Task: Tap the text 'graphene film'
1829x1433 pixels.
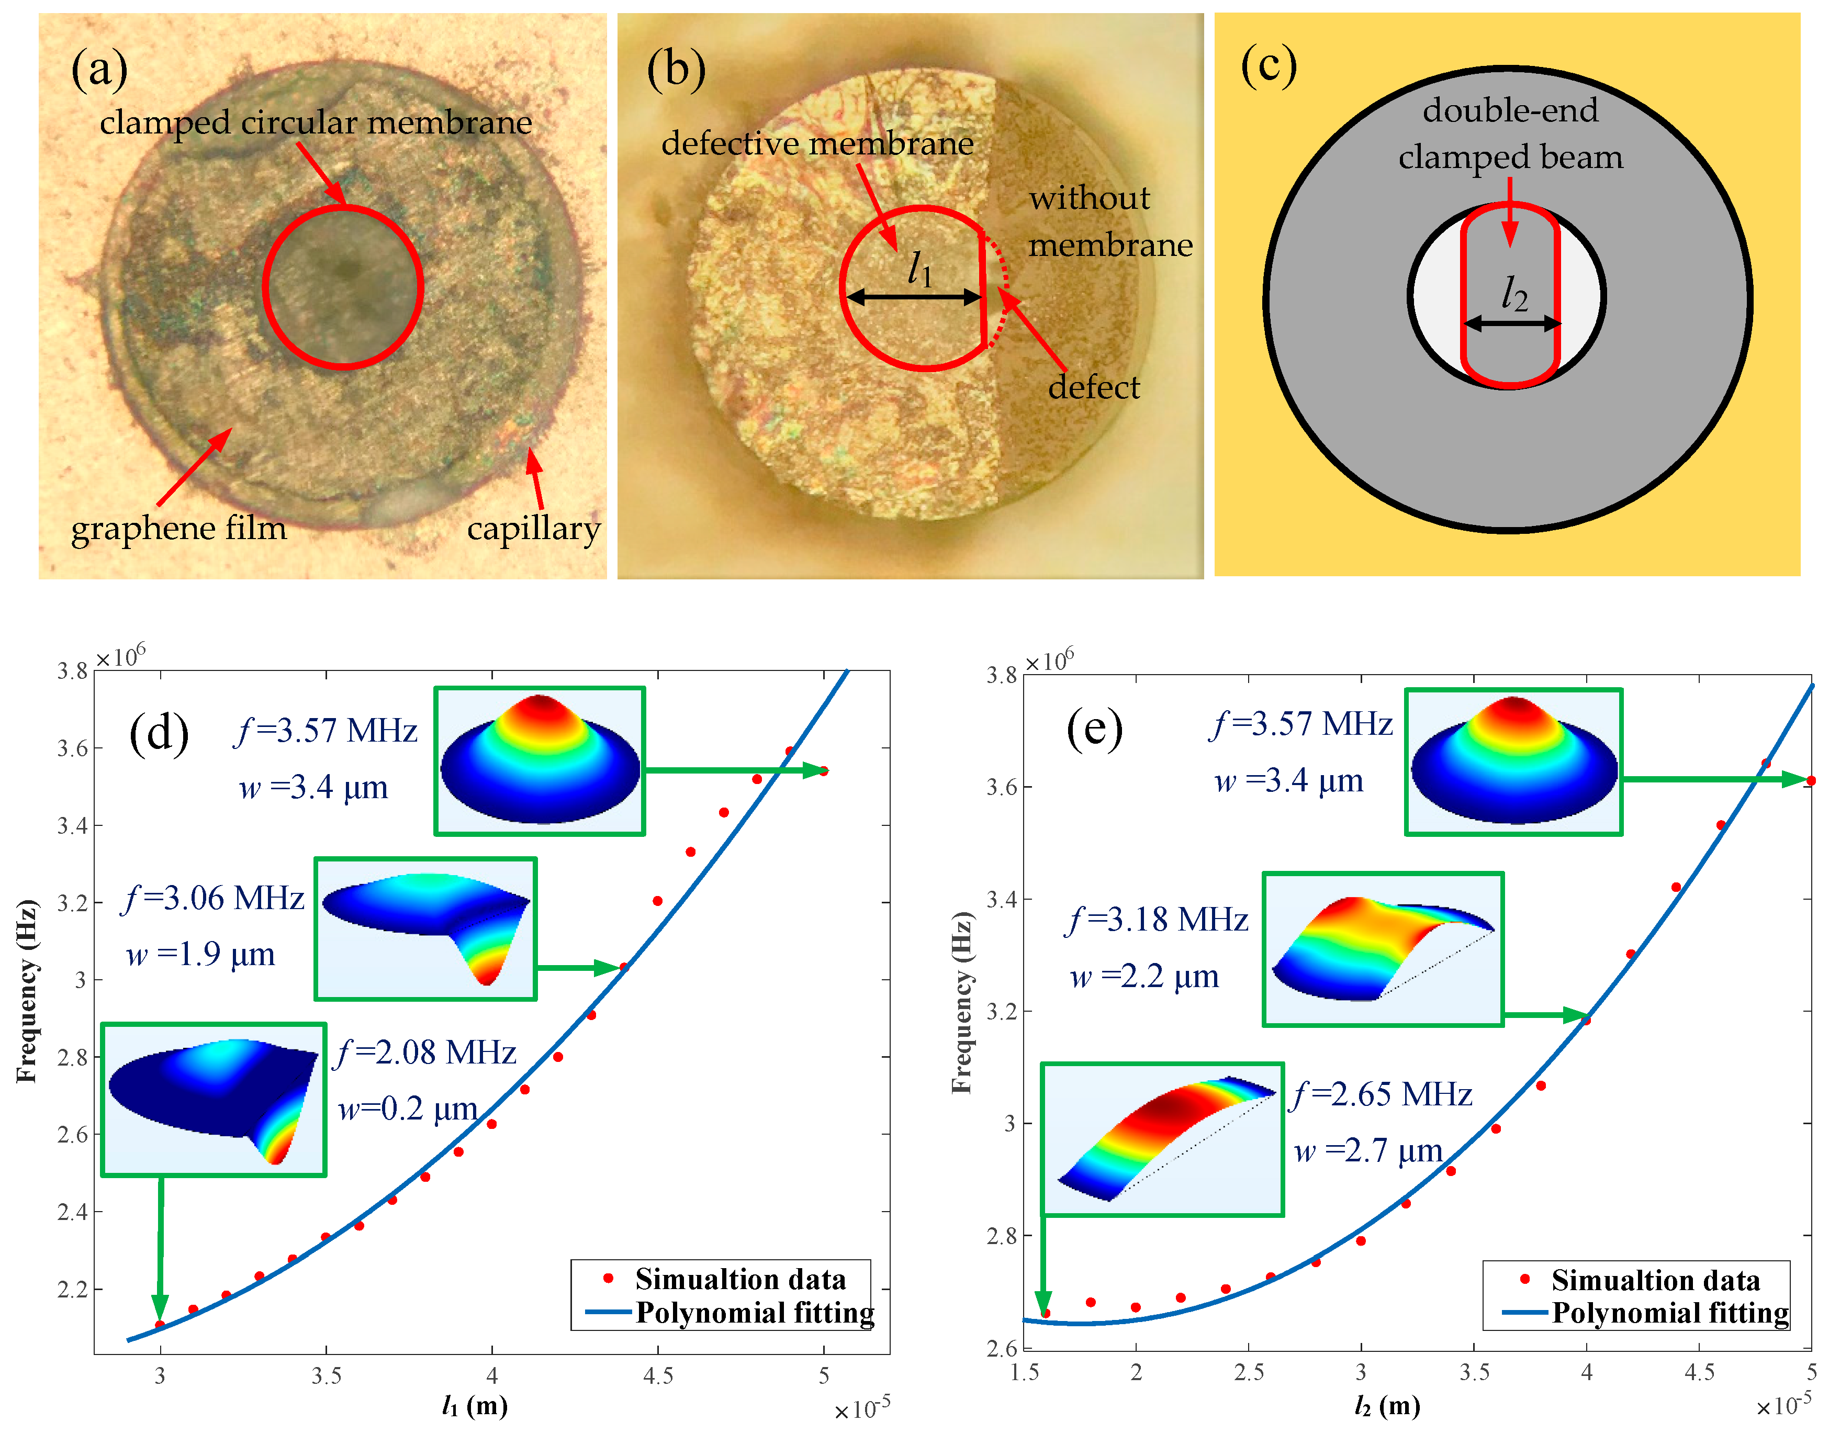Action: click(x=178, y=529)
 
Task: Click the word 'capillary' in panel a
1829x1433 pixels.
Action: click(x=534, y=529)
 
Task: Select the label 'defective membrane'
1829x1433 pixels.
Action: click(x=817, y=143)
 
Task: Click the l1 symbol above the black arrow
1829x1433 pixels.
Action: click(x=919, y=270)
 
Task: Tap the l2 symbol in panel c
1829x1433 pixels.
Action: click(x=1513, y=295)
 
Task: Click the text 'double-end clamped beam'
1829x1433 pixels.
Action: click(x=1510, y=134)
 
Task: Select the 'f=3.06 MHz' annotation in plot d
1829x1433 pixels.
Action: click(x=215, y=899)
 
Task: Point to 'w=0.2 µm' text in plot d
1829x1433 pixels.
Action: click(x=408, y=1109)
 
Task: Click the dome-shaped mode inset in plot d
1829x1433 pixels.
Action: click(x=540, y=761)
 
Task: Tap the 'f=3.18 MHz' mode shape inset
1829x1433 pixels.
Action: click(x=1383, y=949)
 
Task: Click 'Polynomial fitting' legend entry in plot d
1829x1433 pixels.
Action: click(x=754, y=1312)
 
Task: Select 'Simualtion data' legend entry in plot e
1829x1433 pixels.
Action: click(x=1655, y=1280)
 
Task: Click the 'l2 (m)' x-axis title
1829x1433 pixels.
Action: click(x=1387, y=1405)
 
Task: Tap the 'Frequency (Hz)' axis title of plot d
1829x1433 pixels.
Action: click(x=27, y=990)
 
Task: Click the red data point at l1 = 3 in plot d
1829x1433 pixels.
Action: click(x=160, y=1325)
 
